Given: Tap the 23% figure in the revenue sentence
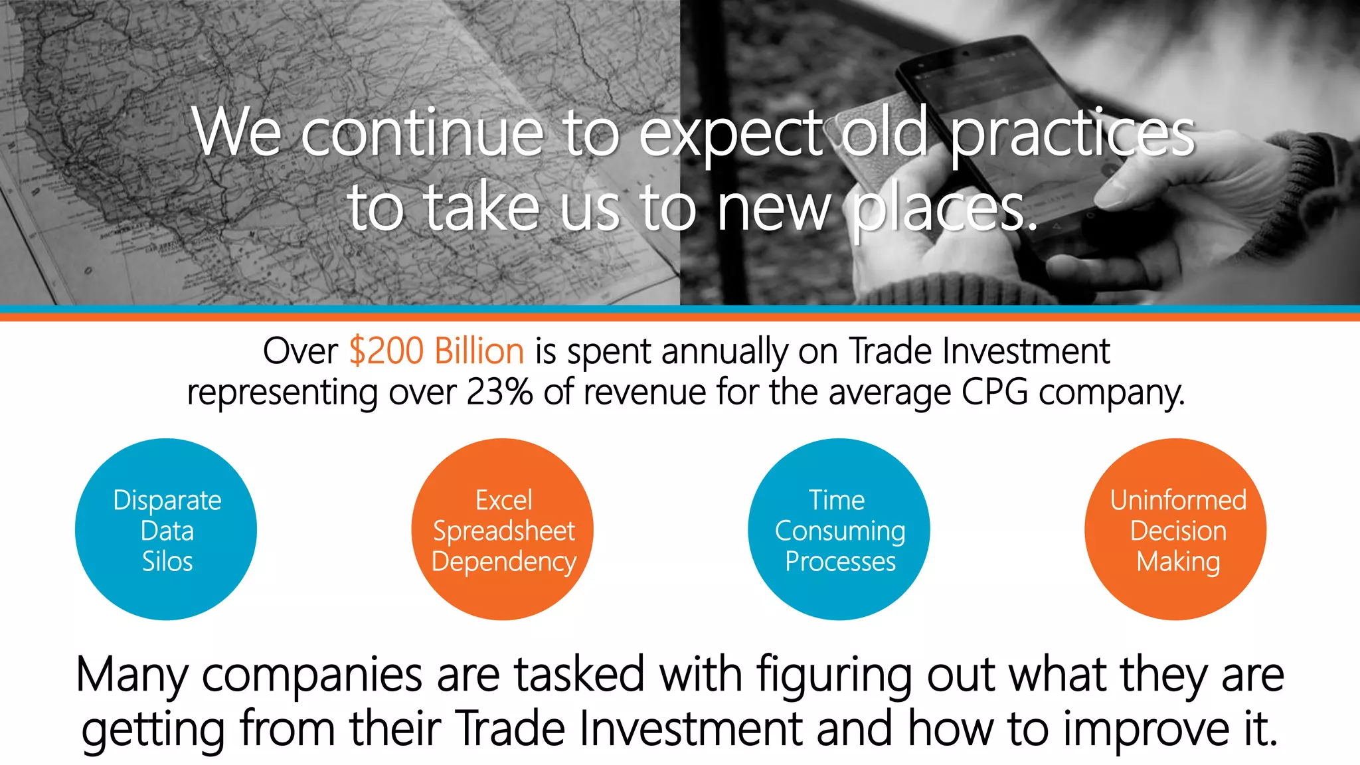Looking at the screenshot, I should point(499,392).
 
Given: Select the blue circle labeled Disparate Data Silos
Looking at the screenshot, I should point(166,529).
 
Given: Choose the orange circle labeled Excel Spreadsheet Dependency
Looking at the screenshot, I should point(503,529).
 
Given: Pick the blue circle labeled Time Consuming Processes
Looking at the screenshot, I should point(839,529).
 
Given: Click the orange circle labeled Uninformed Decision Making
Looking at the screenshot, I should point(1175,529).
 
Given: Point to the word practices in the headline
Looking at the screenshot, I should point(1072,133).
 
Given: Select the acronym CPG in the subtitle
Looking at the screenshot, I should point(994,392).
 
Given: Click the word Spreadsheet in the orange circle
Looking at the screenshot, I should point(503,531).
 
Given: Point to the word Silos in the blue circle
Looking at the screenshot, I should point(167,561).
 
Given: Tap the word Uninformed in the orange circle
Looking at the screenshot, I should point(1178,500).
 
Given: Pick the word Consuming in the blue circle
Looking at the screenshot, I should point(840,531).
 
